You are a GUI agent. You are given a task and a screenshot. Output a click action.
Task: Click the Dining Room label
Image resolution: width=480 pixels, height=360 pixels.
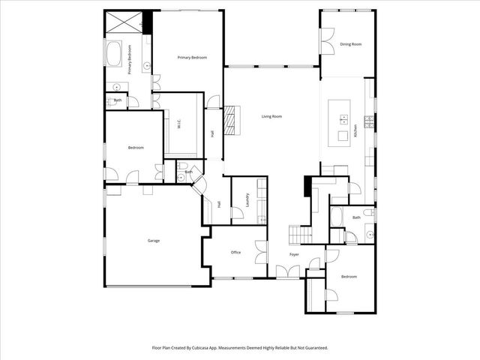(x=351, y=44)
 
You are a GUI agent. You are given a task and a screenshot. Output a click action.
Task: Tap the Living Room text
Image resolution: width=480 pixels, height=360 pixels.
(x=271, y=116)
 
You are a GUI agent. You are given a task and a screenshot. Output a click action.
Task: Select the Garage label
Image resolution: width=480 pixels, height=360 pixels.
(x=153, y=241)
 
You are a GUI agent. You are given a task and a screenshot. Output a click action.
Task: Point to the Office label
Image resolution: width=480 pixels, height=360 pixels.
(x=235, y=252)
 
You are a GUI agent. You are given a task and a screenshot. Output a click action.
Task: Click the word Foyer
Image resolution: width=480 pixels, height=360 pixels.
(x=295, y=254)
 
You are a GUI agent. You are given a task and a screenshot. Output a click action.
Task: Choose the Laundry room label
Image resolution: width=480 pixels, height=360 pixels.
(x=247, y=200)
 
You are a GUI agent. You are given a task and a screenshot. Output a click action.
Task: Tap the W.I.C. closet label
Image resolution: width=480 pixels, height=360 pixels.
(x=179, y=126)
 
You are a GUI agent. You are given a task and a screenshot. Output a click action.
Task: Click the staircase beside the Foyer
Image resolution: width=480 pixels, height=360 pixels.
(x=301, y=235)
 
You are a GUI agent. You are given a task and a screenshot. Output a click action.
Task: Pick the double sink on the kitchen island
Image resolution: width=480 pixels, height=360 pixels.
(x=343, y=118)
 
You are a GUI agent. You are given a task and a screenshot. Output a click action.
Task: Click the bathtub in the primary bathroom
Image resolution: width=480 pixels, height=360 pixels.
(x=116, y=54)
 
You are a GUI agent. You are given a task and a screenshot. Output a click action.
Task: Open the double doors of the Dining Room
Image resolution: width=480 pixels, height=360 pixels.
(x=328, y=41)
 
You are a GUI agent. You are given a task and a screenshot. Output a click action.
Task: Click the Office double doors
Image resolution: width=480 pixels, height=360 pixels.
(x=261, y=252)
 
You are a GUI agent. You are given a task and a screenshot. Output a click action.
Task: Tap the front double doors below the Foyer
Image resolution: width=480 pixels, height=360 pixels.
(x=286, y=271)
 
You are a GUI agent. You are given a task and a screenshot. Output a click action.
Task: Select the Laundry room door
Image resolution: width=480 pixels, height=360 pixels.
(x=238, y=214)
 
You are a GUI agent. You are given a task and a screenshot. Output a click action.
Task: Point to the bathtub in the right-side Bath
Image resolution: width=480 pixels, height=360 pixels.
(x=337, y=217)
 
